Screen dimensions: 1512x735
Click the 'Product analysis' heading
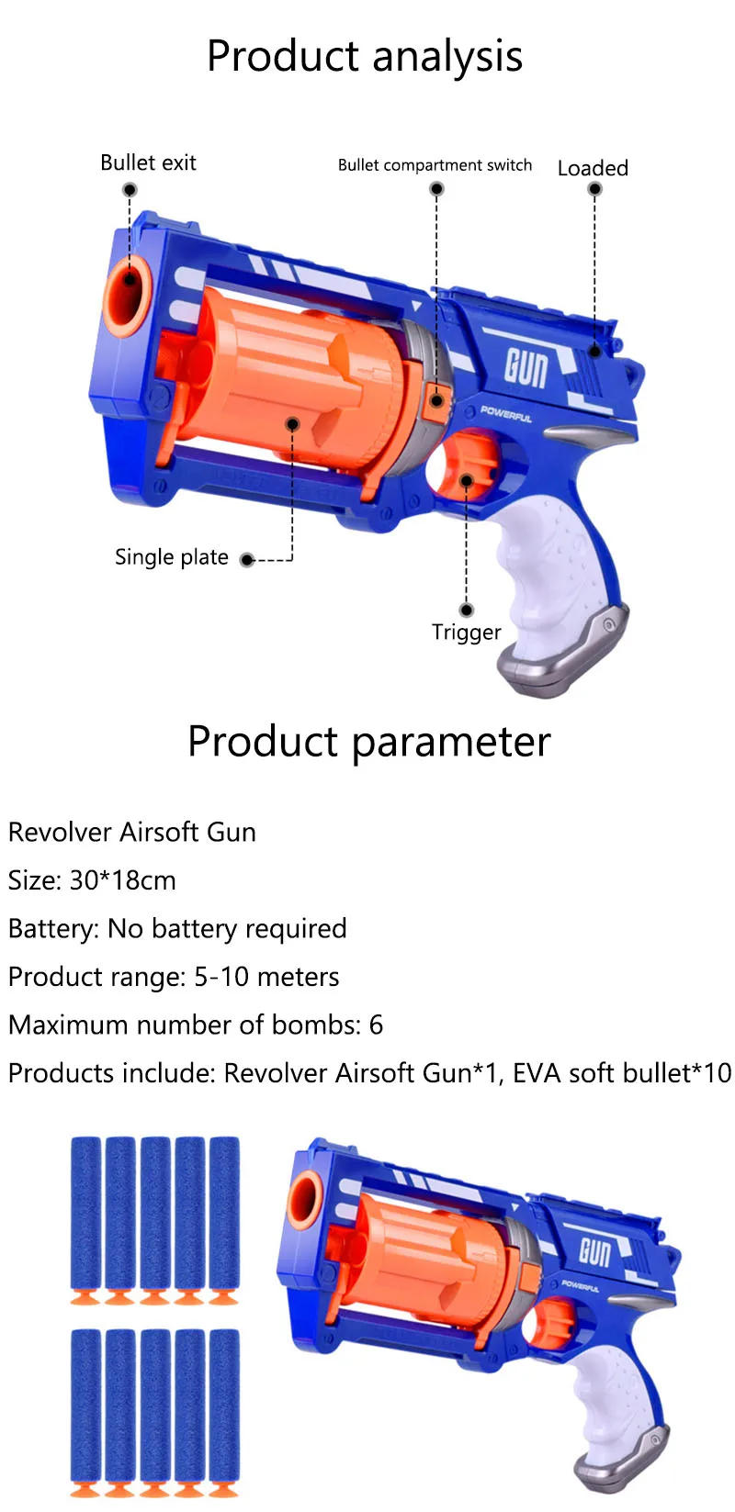point(365,56)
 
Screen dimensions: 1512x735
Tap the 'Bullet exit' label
point(148,162)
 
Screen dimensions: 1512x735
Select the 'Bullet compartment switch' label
point(435,165)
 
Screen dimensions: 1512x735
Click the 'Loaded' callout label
point(593,168)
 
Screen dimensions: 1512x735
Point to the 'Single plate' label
point(172,557)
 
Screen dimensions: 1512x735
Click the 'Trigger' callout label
point(467,633)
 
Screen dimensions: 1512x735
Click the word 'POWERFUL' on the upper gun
point(506,414)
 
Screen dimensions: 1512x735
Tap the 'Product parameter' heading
point(368,742)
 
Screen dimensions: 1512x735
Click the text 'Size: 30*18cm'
point(92,880)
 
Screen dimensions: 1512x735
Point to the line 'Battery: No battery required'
point(177,929)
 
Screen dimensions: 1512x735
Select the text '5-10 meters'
point(266,977)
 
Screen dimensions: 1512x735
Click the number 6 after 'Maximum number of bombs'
point(376,1025)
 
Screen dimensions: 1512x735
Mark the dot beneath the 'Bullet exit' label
point(130,190)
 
